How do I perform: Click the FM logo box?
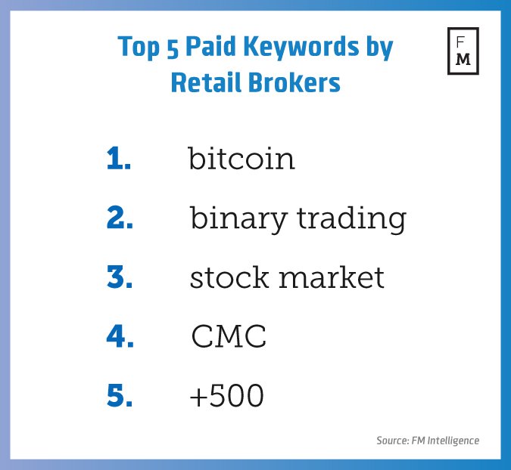[x=463, y=29]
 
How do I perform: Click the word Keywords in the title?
[x=301, y=47]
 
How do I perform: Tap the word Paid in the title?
[x=210, y=46]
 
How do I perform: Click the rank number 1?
[x=119, y=158]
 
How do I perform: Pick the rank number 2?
[x=120, y=218]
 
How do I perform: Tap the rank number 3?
[x=120, y=277]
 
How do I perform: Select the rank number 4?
[x=120, y=336]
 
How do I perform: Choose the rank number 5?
[x=120, y=395]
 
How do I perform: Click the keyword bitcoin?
[x=241, y=158]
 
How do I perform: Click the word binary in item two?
[x=238, y=219]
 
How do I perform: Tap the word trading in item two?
[x=351, y=219]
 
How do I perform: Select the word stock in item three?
[x=229, y=277]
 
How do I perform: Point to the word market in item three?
[x=332, y=277]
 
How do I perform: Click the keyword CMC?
[x=229, y=336]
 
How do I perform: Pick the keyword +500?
[x=226, y=395]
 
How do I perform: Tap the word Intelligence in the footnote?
[x=453, y=441]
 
